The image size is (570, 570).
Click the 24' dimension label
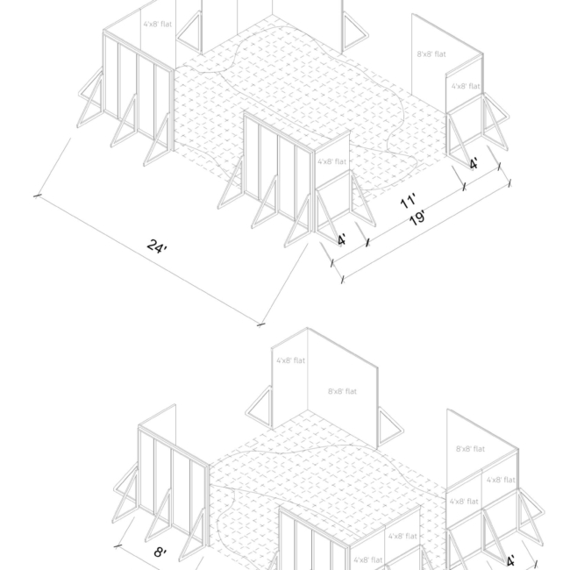point(157,246)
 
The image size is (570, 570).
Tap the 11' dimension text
point(408,203)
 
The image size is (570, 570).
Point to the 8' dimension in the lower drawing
point(160,552)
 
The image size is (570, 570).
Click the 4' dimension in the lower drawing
point(510,560)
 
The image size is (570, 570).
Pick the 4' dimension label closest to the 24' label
point(341,239)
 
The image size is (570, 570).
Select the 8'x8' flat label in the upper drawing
point(431,54)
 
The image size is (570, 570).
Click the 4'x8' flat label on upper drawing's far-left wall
point(158,25)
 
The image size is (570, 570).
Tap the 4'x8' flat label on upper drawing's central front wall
point(331,161)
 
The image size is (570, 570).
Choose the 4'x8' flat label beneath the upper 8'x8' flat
point(466,87)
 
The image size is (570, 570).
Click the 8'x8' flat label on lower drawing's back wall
point(342,391)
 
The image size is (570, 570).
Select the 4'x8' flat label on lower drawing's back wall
point(290,360)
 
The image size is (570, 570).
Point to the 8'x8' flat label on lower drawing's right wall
point(471,449)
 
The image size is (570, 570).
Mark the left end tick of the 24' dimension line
point(38,196)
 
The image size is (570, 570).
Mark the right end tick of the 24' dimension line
point(260,324)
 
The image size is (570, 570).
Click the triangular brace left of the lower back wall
point(260,407)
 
